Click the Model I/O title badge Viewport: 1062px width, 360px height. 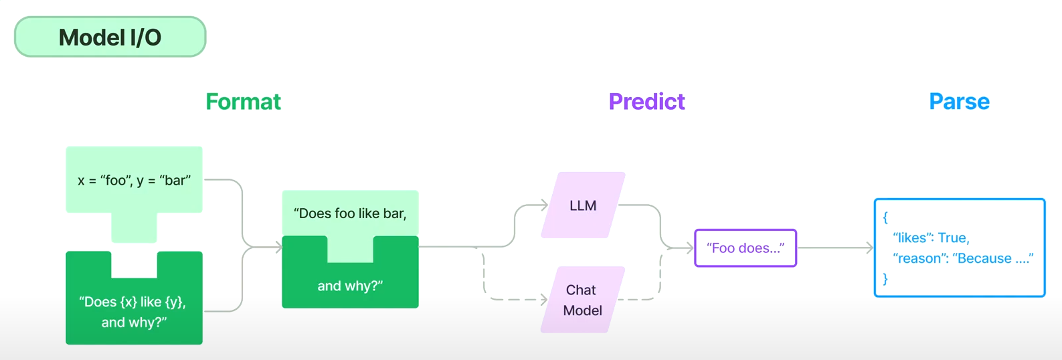click(x=110, y=37)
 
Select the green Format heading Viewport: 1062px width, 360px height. click(x=243, y=102)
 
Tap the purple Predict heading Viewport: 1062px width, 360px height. click(x=646, y=102)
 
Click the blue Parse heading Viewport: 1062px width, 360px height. click(x=959, y=102)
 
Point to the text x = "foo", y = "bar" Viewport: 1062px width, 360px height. click(x=134, y=180)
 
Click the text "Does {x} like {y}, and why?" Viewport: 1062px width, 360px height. click(x=133, y=312)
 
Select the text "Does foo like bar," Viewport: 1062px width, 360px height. click(x=350, y=213)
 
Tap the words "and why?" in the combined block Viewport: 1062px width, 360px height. click(x=350, y=286)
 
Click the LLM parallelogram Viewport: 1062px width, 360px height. click(x=583, y=205)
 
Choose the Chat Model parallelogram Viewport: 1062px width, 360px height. click(x=583, y=300)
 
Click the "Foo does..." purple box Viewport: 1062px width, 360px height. click(x=745, y=248)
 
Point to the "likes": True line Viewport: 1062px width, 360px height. click(x=931, y=238)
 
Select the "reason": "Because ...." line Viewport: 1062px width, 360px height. click(x=963, y=258)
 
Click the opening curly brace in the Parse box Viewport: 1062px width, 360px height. click(x=885, y=217)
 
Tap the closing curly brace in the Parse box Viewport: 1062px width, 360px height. click(x=885, y=278)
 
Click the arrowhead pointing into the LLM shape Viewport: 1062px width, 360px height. click(x=545, y=205)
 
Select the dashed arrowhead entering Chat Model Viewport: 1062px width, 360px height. click(x=545, y=300)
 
